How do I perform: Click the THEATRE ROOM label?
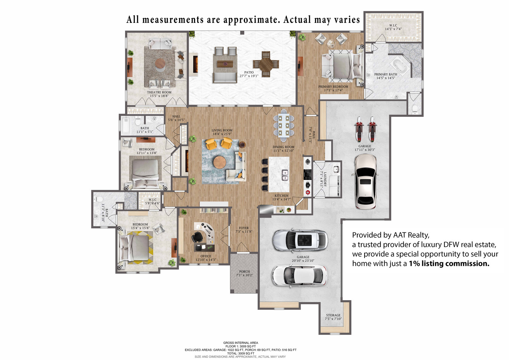click(159, 92)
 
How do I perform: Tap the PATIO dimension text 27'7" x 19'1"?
click(249, 76)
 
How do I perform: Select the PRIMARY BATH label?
click(386, 74)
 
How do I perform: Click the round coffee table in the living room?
click(220, 162)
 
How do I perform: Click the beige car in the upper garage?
click(365, 181)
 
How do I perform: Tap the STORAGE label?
click(333, 315)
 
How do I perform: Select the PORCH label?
click(244, 272)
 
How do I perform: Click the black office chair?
click(198, 237)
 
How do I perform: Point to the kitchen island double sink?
click(285, 175)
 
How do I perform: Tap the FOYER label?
click(244, 228)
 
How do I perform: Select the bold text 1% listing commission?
click(449, 263)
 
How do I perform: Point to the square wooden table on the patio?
click(266, 64)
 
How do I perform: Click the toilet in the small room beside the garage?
click(415, 109)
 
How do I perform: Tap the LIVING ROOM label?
click(222, 130)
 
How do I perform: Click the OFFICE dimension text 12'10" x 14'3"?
click(206, 260)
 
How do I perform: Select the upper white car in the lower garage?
click(300, 240)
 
